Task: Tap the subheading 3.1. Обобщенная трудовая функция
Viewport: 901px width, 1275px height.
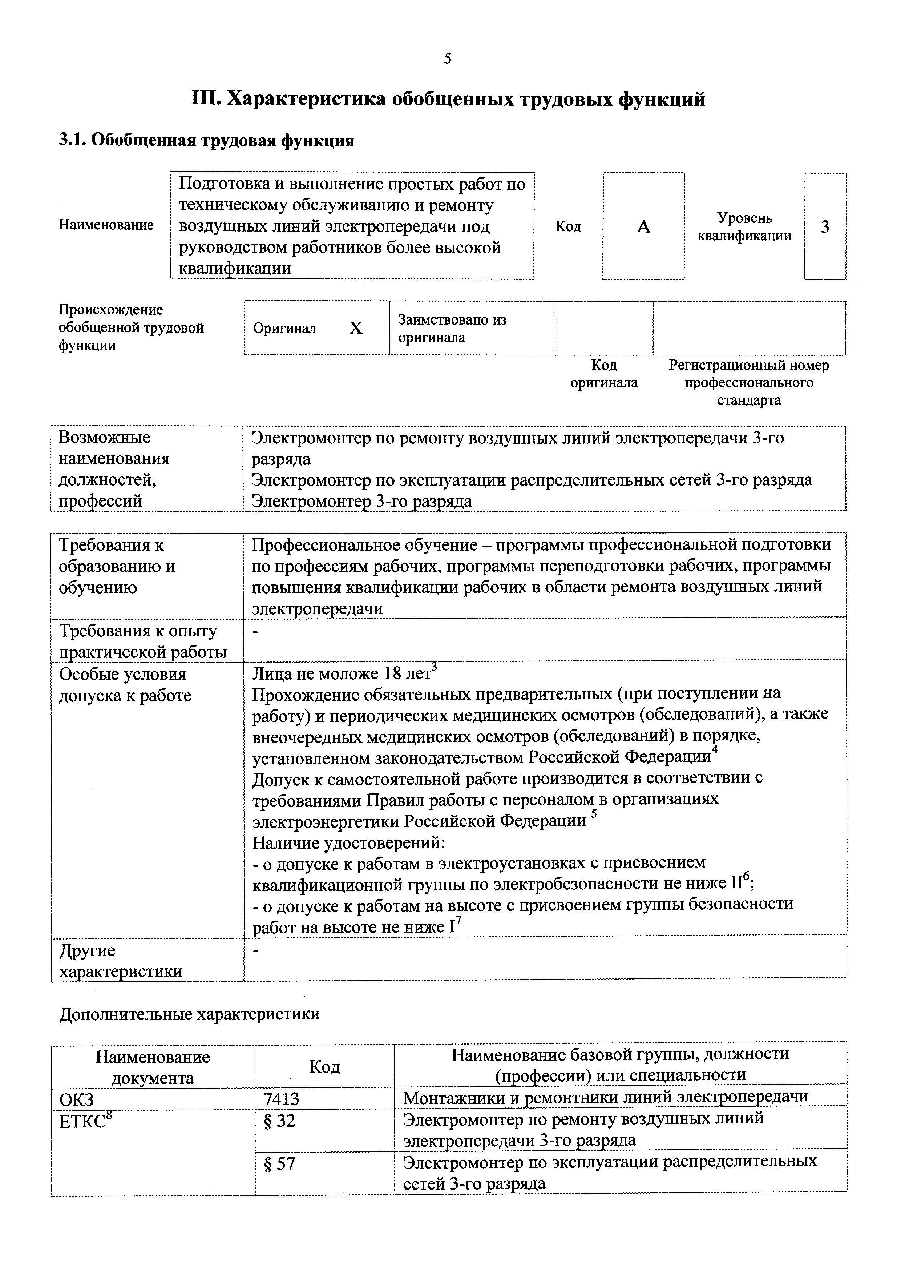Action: pos(206,141)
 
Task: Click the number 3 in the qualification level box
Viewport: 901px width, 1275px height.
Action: pos(825,226)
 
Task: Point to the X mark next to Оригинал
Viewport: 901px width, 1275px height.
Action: pos(355,328)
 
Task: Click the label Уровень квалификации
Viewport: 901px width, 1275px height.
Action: pos(744,226)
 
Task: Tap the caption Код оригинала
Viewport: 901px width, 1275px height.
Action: pos(604,374)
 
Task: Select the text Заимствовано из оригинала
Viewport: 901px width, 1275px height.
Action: pos(452,328)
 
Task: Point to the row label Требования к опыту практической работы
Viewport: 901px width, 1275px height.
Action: pos(143,641)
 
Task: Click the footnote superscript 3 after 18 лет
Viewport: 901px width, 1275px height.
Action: pos(435,668)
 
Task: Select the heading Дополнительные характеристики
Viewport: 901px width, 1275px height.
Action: pos(189,1014)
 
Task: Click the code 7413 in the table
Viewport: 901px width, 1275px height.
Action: pos(282,1098)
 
